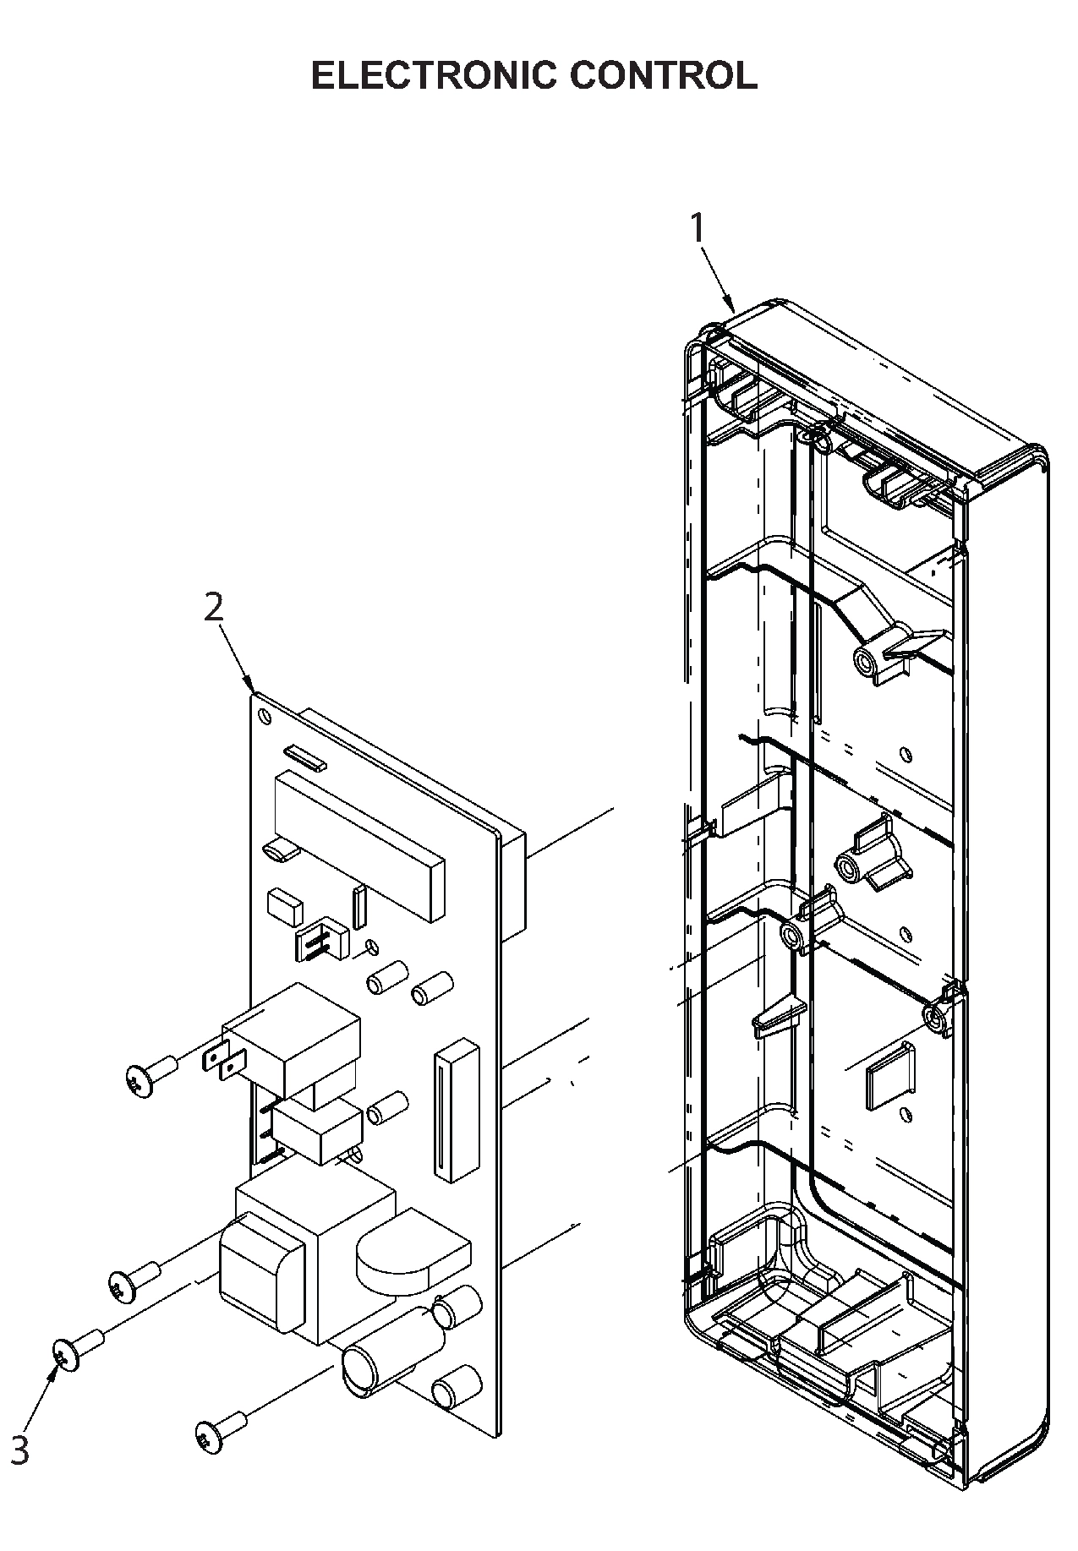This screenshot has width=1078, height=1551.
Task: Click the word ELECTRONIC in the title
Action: [434, 75]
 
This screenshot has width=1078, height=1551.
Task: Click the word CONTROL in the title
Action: [663, 75]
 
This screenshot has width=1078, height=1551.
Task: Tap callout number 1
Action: [698, 228]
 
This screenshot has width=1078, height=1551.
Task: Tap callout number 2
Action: [214, 607]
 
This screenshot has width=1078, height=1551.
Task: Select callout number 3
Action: [19, 1450]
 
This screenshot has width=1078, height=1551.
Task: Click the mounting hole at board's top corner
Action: [266, 717]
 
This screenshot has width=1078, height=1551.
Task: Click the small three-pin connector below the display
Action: [320, 938]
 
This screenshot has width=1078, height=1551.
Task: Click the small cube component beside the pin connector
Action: [283, 906]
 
